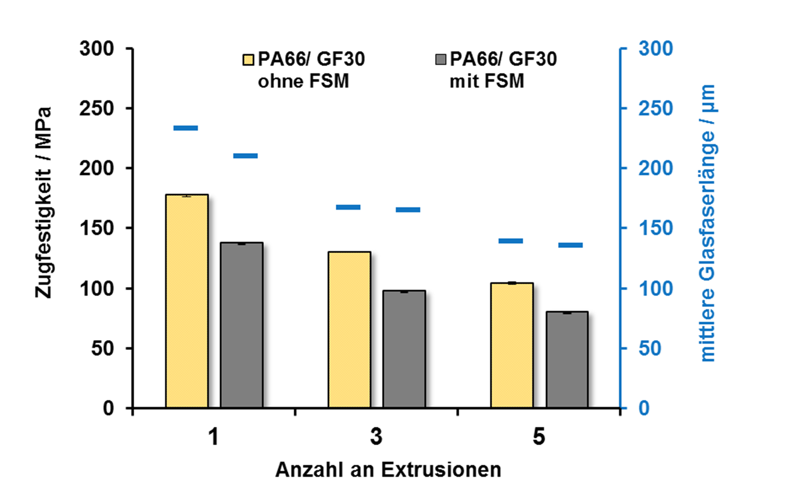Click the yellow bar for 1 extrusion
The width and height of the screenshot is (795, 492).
pyautogui.click(x=187, y=301)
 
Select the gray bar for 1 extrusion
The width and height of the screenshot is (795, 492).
pyautogui.click(x=242, y=325)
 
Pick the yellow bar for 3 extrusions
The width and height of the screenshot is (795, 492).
pyautogui.click(x=349, y=330)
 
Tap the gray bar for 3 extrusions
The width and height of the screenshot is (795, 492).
pyautogui.click(x=404, y=349)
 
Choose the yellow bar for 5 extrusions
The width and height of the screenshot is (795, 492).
pyautogui.click(x=512, y=345)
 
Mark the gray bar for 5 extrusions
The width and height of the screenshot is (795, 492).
pyautogui.click(x=567, y=359)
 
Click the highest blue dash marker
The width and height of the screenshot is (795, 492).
pyautogui.click(x=186, y=128)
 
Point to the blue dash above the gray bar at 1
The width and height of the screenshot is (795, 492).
pyautogui.click(x=246, y=156)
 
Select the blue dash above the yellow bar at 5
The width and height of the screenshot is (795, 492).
pyautogui.click(x=511, y=241)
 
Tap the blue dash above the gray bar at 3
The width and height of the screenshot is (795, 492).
pyautogui.click(x=408, y=209)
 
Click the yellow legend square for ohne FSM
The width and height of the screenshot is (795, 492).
pyautogui.click(x=248, y=60)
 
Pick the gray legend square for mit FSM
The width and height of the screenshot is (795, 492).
pyautogui.click(x=440, y=60)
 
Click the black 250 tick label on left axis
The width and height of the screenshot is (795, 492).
pyautogui.click(x=96, y=109)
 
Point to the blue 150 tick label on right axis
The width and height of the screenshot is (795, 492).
pyautogui.click(x=656, y=228)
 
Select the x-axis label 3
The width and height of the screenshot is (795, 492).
pyautogui.click(x=376, y=437)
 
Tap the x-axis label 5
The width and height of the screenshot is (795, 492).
pyautogui.click(x=539, y=437)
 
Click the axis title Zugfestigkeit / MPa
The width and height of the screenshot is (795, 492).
pyautogui.click(x=43, y=202)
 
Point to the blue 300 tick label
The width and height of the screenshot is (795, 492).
pyautogui.click(x=656, y=49)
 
